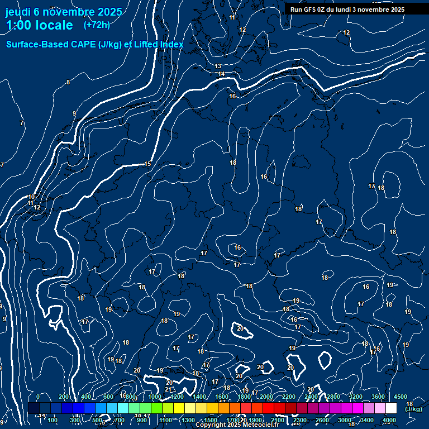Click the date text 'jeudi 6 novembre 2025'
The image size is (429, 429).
tap(65, 12)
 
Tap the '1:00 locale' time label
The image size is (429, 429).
tap(40, 25)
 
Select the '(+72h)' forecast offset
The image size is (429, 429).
tap(97, 25)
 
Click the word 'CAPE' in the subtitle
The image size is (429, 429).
tap(83, 44)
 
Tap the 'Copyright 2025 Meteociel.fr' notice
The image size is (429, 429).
tap(237, 425)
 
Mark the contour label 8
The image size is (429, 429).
tap(68, 82)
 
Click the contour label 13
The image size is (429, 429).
tap(218, 66)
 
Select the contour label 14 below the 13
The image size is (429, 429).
tap(221, 74)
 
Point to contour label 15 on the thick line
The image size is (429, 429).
tap(147, 164)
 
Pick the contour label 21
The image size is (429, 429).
tap(168, 389)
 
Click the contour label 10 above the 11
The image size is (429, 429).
tap(31, 197)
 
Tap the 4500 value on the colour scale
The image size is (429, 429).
tap(401, 397)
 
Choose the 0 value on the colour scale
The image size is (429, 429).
tap(38, 397)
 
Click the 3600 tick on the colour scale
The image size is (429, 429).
tap(378, 397)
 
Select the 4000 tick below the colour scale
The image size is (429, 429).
tap(389, 420)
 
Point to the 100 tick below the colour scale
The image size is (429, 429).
tap(53, 420)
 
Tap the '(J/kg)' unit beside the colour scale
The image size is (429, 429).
tap(414, 409)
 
